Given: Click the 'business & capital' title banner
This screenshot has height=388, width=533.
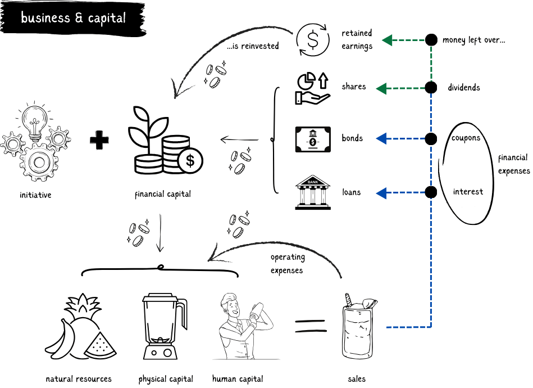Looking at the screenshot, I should point(73,19).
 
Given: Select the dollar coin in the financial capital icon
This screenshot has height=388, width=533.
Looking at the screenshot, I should point(190,161).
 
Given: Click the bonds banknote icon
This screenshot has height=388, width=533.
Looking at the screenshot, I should point(313,139).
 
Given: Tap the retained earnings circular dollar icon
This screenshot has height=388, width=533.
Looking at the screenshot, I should point(313,39).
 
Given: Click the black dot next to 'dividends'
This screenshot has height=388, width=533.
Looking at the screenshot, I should point(431,88).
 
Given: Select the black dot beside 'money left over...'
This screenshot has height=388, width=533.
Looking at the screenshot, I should point(431,40).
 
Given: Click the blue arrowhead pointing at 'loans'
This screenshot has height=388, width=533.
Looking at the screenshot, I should point(381,193).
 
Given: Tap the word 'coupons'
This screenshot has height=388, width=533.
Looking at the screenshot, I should point(466,138).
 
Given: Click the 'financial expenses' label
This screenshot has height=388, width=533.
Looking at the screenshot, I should point(513,164).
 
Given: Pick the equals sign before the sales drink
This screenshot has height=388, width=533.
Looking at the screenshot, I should point(310,326).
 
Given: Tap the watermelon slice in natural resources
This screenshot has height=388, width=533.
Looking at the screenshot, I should point(101,345).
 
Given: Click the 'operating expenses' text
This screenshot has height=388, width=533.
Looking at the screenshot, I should point(288,264).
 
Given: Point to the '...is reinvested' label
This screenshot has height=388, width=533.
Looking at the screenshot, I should point(253,46).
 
